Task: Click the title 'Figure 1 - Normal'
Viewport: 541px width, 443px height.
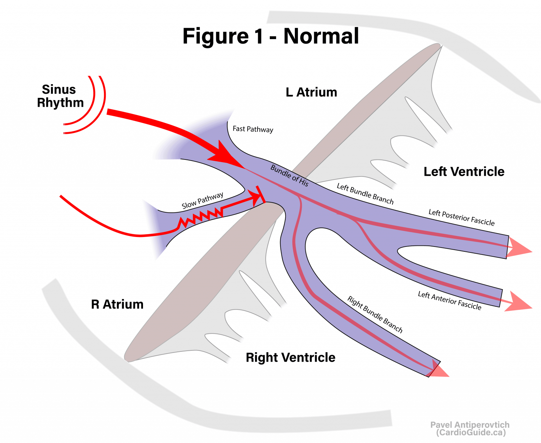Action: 270,36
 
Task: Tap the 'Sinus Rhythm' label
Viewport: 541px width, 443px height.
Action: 60,96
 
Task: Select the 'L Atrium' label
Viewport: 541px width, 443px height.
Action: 311,92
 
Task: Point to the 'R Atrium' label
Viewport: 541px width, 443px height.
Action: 117,304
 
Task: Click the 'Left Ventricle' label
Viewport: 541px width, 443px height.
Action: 464,172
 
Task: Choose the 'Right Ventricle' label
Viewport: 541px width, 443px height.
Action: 291,357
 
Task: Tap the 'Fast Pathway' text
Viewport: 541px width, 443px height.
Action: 253,129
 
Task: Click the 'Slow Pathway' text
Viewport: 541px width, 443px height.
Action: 203,201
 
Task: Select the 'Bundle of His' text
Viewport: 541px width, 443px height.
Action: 290,175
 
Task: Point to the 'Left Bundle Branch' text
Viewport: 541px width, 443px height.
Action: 365,194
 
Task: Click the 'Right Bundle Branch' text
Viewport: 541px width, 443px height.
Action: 375,314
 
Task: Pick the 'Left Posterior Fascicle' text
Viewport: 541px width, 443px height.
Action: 461,217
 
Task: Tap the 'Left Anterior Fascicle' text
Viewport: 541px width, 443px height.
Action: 449,301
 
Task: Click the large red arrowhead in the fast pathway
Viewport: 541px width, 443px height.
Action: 225,155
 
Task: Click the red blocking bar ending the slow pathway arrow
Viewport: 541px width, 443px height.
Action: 261,195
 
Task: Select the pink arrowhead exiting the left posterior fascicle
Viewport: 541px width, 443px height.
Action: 519,247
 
